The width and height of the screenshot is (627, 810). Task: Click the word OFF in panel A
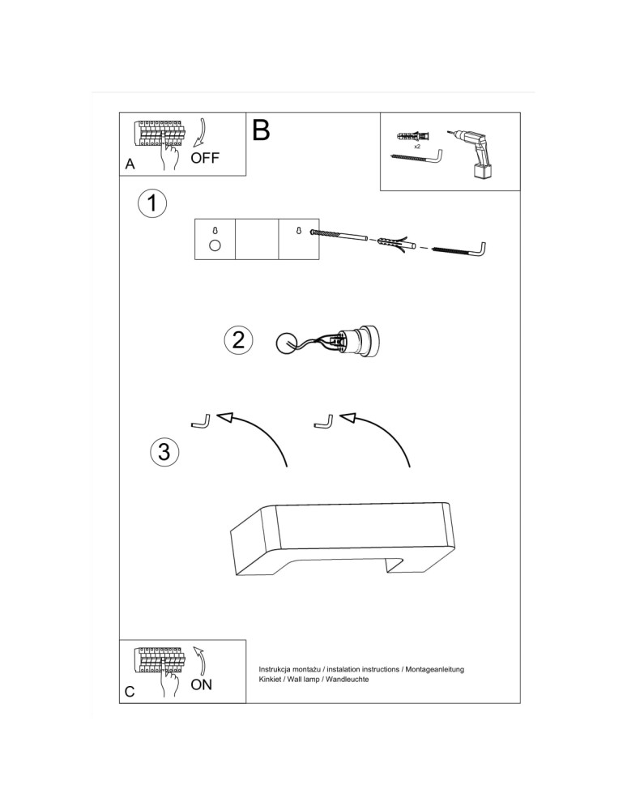point(205,157)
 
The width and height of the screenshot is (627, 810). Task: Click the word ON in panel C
point(201,684)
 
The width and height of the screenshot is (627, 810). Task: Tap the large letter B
point(261,130)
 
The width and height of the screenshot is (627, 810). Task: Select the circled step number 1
point(151,203)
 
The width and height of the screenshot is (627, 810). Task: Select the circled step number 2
point(237,340)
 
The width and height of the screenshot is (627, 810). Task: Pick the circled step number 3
point(164,451)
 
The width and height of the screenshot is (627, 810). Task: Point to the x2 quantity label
point(416,147)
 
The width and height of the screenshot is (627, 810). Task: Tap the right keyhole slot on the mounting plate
point(298,231)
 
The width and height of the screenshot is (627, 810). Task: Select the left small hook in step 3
point(201,420)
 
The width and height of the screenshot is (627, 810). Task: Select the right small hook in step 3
point(323,420)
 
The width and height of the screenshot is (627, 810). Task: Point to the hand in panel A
point(169,157)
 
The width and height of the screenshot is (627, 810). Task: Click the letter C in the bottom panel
point(130,693)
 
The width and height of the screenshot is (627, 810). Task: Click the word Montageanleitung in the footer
point(436,670)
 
